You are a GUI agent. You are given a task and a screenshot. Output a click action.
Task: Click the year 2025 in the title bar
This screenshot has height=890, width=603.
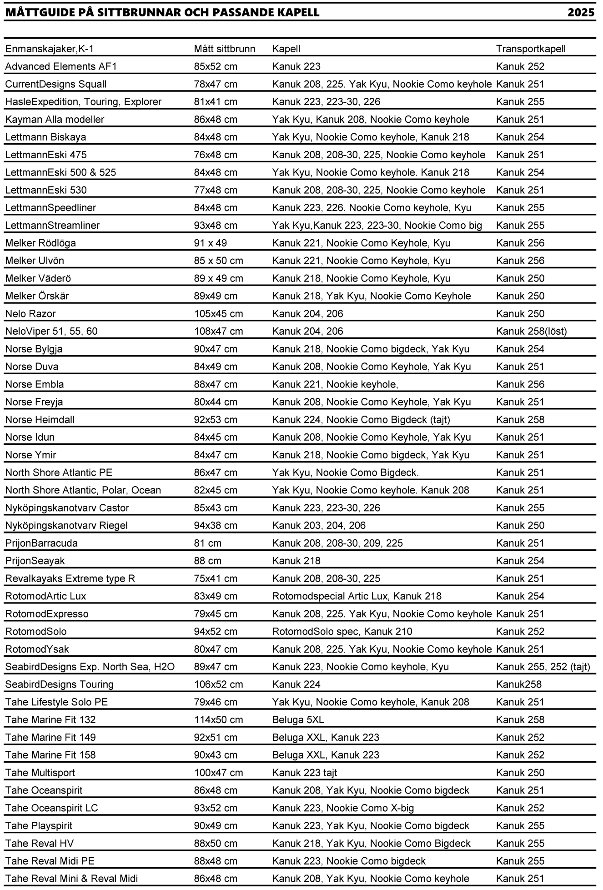click(581, 13)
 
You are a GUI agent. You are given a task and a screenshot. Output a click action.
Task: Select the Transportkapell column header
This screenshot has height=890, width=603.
click(531, 49)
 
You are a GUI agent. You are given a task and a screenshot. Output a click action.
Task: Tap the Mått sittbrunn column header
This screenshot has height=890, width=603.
click(225, 49)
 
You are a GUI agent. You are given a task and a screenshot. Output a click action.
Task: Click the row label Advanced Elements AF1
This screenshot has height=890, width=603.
click(61, 66)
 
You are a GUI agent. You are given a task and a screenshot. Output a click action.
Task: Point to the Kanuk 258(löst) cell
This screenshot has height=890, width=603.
click(531, 332)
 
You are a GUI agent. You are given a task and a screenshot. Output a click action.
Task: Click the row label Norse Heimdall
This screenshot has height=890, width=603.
click(40, 420)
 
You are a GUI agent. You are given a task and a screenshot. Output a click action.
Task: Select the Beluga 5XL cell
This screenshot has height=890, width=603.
click(298, 720)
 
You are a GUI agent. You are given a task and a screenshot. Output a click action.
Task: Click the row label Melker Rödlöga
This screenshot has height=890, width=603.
click(40, 243)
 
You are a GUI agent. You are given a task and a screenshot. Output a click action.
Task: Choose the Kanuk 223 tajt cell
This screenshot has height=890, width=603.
click(304, 773)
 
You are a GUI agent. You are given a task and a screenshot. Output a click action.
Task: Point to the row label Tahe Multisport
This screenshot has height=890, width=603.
click(40, 773)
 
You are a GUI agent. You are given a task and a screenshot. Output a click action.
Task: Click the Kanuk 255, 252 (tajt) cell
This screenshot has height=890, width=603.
click(543, 667)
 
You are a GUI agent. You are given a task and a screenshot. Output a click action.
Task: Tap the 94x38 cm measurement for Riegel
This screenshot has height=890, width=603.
click(216, 526)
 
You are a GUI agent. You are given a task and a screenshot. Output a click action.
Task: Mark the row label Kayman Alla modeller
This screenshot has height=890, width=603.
click(55, 120)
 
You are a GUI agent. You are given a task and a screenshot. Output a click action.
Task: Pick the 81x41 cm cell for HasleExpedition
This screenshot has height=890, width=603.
click(216, 102)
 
